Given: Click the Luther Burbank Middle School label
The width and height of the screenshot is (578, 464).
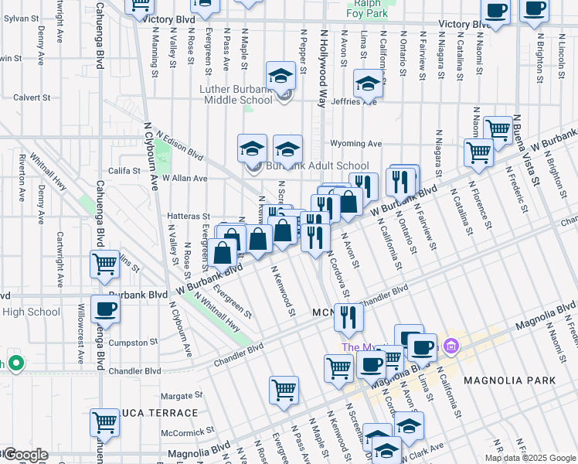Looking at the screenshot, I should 241,94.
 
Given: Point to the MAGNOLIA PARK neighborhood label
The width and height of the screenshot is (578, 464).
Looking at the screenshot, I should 509,380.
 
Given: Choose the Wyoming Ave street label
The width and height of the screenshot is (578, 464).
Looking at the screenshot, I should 356,144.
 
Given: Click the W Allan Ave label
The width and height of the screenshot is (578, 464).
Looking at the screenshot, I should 185,179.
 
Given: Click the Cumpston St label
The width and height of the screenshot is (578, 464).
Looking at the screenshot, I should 139,341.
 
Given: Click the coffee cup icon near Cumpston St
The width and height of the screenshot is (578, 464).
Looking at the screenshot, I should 106,309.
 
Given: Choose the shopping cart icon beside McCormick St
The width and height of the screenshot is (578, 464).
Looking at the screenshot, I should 105,424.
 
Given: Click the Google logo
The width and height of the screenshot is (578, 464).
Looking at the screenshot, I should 25,455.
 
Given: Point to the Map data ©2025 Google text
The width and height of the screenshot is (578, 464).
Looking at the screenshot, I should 529,458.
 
